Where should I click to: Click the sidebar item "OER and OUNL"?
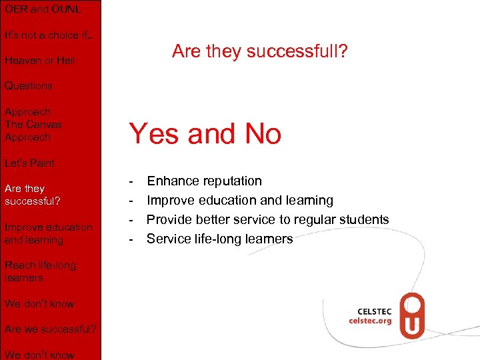43,9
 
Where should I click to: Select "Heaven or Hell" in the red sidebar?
40,61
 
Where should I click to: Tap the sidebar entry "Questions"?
29,86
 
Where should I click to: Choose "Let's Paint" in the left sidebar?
30,163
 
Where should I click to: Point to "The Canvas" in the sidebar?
33,125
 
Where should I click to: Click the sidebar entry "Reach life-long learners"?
40,271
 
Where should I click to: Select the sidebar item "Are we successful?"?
50,329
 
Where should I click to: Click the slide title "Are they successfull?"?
259,51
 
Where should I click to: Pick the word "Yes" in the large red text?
154,134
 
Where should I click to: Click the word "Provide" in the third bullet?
169,219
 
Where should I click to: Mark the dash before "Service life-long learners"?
132,239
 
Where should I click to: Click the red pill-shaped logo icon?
412,316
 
